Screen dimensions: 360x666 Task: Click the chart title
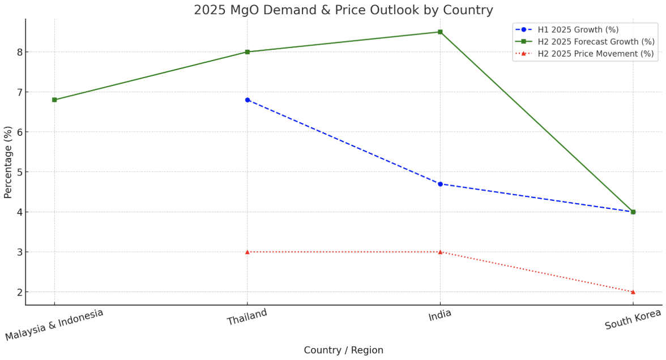(x=343, y=10)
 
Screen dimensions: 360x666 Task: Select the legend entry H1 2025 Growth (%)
(x=578, y=29)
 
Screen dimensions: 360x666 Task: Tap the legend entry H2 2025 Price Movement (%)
(x=595, y=54)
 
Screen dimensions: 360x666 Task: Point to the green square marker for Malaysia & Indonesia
(x=54, y=100)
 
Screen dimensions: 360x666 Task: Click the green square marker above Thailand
(x=247, y=52)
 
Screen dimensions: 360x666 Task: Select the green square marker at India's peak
(x=440, y=32)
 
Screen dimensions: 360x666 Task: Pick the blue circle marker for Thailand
(x=247, y=100)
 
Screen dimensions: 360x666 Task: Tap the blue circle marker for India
(x=440, y=184)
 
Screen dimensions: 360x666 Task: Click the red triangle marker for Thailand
(x=247, y=252)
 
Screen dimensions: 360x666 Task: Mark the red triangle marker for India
(x=440, y=252)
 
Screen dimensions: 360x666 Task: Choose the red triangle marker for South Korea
(x=633, y=292)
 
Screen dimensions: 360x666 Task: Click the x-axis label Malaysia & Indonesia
(x=54, y=325)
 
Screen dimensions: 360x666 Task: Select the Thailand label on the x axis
(x=247, y=318)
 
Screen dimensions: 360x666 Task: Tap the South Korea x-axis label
(x=633, y=319)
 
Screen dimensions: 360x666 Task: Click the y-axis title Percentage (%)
(x=8, y=162)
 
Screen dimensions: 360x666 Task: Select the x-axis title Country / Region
(x=343, y=350)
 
